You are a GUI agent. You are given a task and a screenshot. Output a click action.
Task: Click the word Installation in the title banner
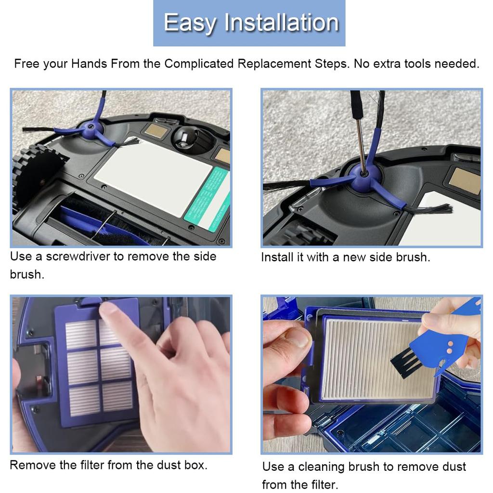pyautogui.click(x=282, y=23)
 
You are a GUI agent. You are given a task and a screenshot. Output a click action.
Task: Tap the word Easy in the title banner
pyautogui.click(x=190, y=23)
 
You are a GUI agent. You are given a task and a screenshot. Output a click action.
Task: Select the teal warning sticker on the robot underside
pyautogui.click(x=207, y=200)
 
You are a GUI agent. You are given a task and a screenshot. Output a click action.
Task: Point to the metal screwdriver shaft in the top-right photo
pyautogui.click(x=361, y=144)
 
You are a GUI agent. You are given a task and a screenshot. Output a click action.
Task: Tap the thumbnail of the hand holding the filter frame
pyautogui.click(x=298, y=337)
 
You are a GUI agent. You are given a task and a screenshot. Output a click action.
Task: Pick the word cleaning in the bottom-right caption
pyautogui.click(x=320, y=467)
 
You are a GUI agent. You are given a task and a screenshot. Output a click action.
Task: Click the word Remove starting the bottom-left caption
pyautogui.click(x=27, y=465)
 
